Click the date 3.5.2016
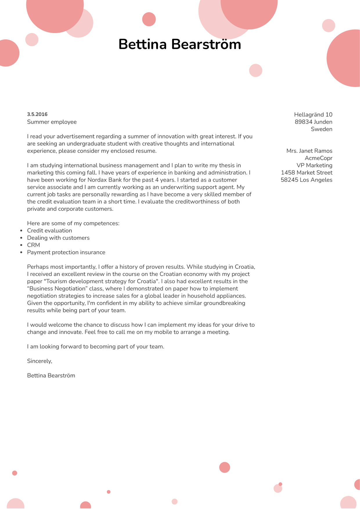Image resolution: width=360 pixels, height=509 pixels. tap(37, 114)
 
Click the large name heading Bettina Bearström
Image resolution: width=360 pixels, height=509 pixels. tap(180, 45)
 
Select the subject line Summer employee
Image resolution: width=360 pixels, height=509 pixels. tap(52, 122)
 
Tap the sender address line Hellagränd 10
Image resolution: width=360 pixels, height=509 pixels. tap(313, 115)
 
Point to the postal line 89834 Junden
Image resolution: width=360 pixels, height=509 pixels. tap(313, 122)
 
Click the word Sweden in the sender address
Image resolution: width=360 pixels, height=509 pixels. tap(321, 129)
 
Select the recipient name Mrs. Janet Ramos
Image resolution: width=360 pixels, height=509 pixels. tap(309, 151)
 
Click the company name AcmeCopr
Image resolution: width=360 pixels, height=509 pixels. tap(318, 158)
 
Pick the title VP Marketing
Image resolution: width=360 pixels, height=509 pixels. tap(314, 165)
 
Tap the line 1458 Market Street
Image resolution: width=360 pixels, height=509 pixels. tap(306, 173)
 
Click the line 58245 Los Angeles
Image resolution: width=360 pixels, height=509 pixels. tap(306, 180)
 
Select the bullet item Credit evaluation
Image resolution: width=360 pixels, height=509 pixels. tap(49, 231)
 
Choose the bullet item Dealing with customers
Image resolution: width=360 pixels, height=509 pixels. tap(58, 238)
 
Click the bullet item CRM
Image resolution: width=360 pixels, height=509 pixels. tap(33, 245)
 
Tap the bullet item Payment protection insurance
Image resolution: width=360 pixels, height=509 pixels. tap(66, 252)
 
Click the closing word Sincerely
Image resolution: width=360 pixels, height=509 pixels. tap(39, 361)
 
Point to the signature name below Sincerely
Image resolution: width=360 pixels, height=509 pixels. tap(51, 376)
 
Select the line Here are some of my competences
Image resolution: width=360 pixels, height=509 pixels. tap(73, 223)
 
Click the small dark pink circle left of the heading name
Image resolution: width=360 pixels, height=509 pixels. tap(149, 19)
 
